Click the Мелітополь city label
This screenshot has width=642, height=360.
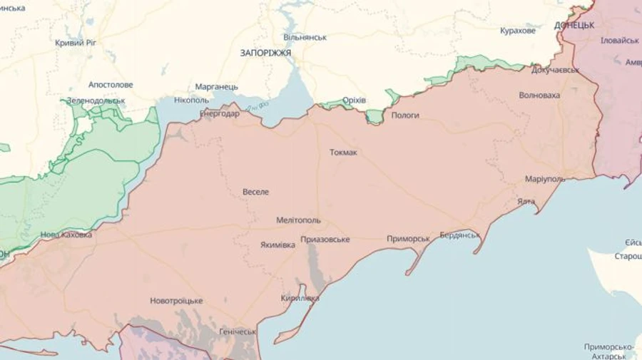[x=298, y=220]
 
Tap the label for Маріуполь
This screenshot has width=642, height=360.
[x=544, y=178]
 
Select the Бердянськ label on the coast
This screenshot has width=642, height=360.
[x=460, y=235]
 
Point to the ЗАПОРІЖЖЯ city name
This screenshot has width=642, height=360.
[x=265, y=53]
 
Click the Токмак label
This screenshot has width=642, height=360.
[x=343, y=153]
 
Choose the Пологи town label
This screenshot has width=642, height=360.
[x=405, y=115]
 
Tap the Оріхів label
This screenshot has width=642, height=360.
[x=354, y=101]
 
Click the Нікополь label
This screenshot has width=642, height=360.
[x=190, y=101]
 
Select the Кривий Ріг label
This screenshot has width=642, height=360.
[x=76, y=43]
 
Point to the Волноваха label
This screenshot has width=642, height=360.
[x=539, y=95]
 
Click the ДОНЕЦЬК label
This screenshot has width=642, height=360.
[x=574, y=25]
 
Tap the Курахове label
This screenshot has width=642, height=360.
[x=517, y=31]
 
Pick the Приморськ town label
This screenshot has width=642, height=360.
[x=408, y=239]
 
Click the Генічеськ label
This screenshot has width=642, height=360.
[x=238, y=331]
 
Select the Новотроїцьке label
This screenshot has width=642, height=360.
[x=176, y=301]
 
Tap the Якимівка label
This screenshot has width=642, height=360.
[x=277, y=245]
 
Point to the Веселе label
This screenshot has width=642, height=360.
[x=256, y=192]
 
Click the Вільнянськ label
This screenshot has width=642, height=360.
[x=305, y=37]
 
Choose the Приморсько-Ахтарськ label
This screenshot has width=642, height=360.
[x=610, y=350]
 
